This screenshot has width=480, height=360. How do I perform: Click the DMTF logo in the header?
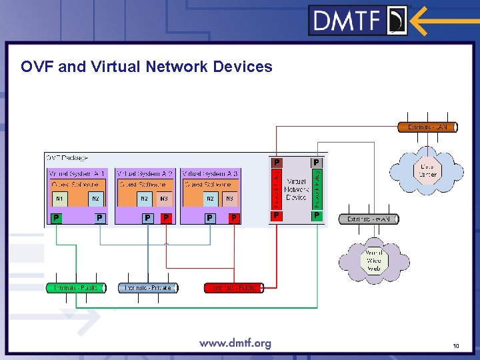coord(358,20)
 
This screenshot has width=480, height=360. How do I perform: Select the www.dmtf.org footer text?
coord(235,343)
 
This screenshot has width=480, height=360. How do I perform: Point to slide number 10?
coord(455,345)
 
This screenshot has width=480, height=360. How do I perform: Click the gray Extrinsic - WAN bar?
coord(369,219)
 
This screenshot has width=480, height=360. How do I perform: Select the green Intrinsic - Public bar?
coord(75,288)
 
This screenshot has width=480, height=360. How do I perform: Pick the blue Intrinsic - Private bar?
coord(148,288)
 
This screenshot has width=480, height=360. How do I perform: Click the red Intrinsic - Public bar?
coord(233,288)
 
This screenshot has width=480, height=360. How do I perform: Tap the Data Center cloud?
coord(426,171)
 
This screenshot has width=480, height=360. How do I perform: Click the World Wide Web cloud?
coord(373,260)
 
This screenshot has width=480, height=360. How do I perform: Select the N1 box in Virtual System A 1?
coord(59,198)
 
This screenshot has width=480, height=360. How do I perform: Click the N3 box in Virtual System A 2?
coord(163,198)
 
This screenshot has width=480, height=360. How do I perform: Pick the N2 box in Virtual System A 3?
coord(210,198)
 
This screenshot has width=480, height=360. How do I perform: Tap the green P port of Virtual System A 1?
coord(57,217)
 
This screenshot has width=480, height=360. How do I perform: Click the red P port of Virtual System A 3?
coord(233,217)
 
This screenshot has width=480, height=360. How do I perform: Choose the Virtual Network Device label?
coord(296,189)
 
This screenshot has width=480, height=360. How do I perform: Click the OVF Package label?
coord(67,158)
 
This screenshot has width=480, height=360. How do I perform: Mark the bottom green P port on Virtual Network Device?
coord(317,215)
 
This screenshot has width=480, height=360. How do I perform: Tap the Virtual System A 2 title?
coord(145,173)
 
